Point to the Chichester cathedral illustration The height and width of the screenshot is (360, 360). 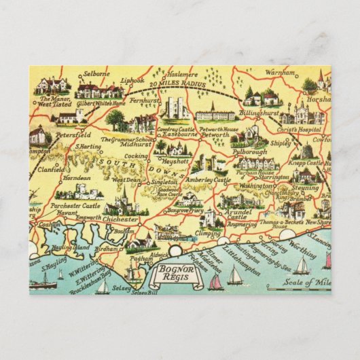pos(124,201)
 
